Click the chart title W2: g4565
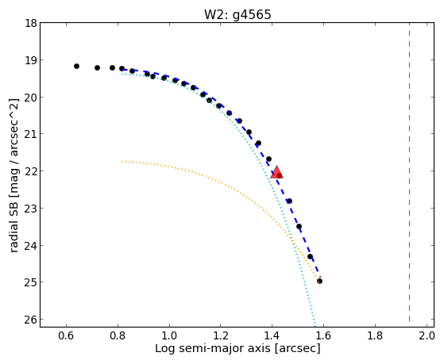pyautogui.click(x=237, y=14)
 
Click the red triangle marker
pyautogui.click(x=276, y=172)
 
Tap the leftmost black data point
pyautogui.click(x=76, y=66)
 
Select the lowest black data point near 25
pyautogui.click(x=319, y=282)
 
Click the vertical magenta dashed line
pyautogui.click(x=410, y=172)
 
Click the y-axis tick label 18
pyautogui.click(x=30, y=23)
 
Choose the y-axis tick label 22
pyautogui.click(x=30, y=171)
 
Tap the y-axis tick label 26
pyautogui.click(x=30, y=320)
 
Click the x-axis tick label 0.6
pyautogui.click(x=66, y=335)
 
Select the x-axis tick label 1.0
pyautogui.click(x=169, y=335)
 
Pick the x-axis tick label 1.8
pyautogui.click(x=375, y=335)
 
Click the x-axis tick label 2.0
pyautogui.click(x=427, y=335)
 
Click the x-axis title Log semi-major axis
pyautogui.click(x=213, y=349)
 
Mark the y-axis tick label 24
pyautogui.click(x=30, y=246)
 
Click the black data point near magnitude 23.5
pyautogui.click(x=299, y=226)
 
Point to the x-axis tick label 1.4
pyautogui.click(x=272, y=335)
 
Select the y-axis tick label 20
pyautogui.click(x=30, y=98)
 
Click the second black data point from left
pyautogui.click(x=97, y=67)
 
